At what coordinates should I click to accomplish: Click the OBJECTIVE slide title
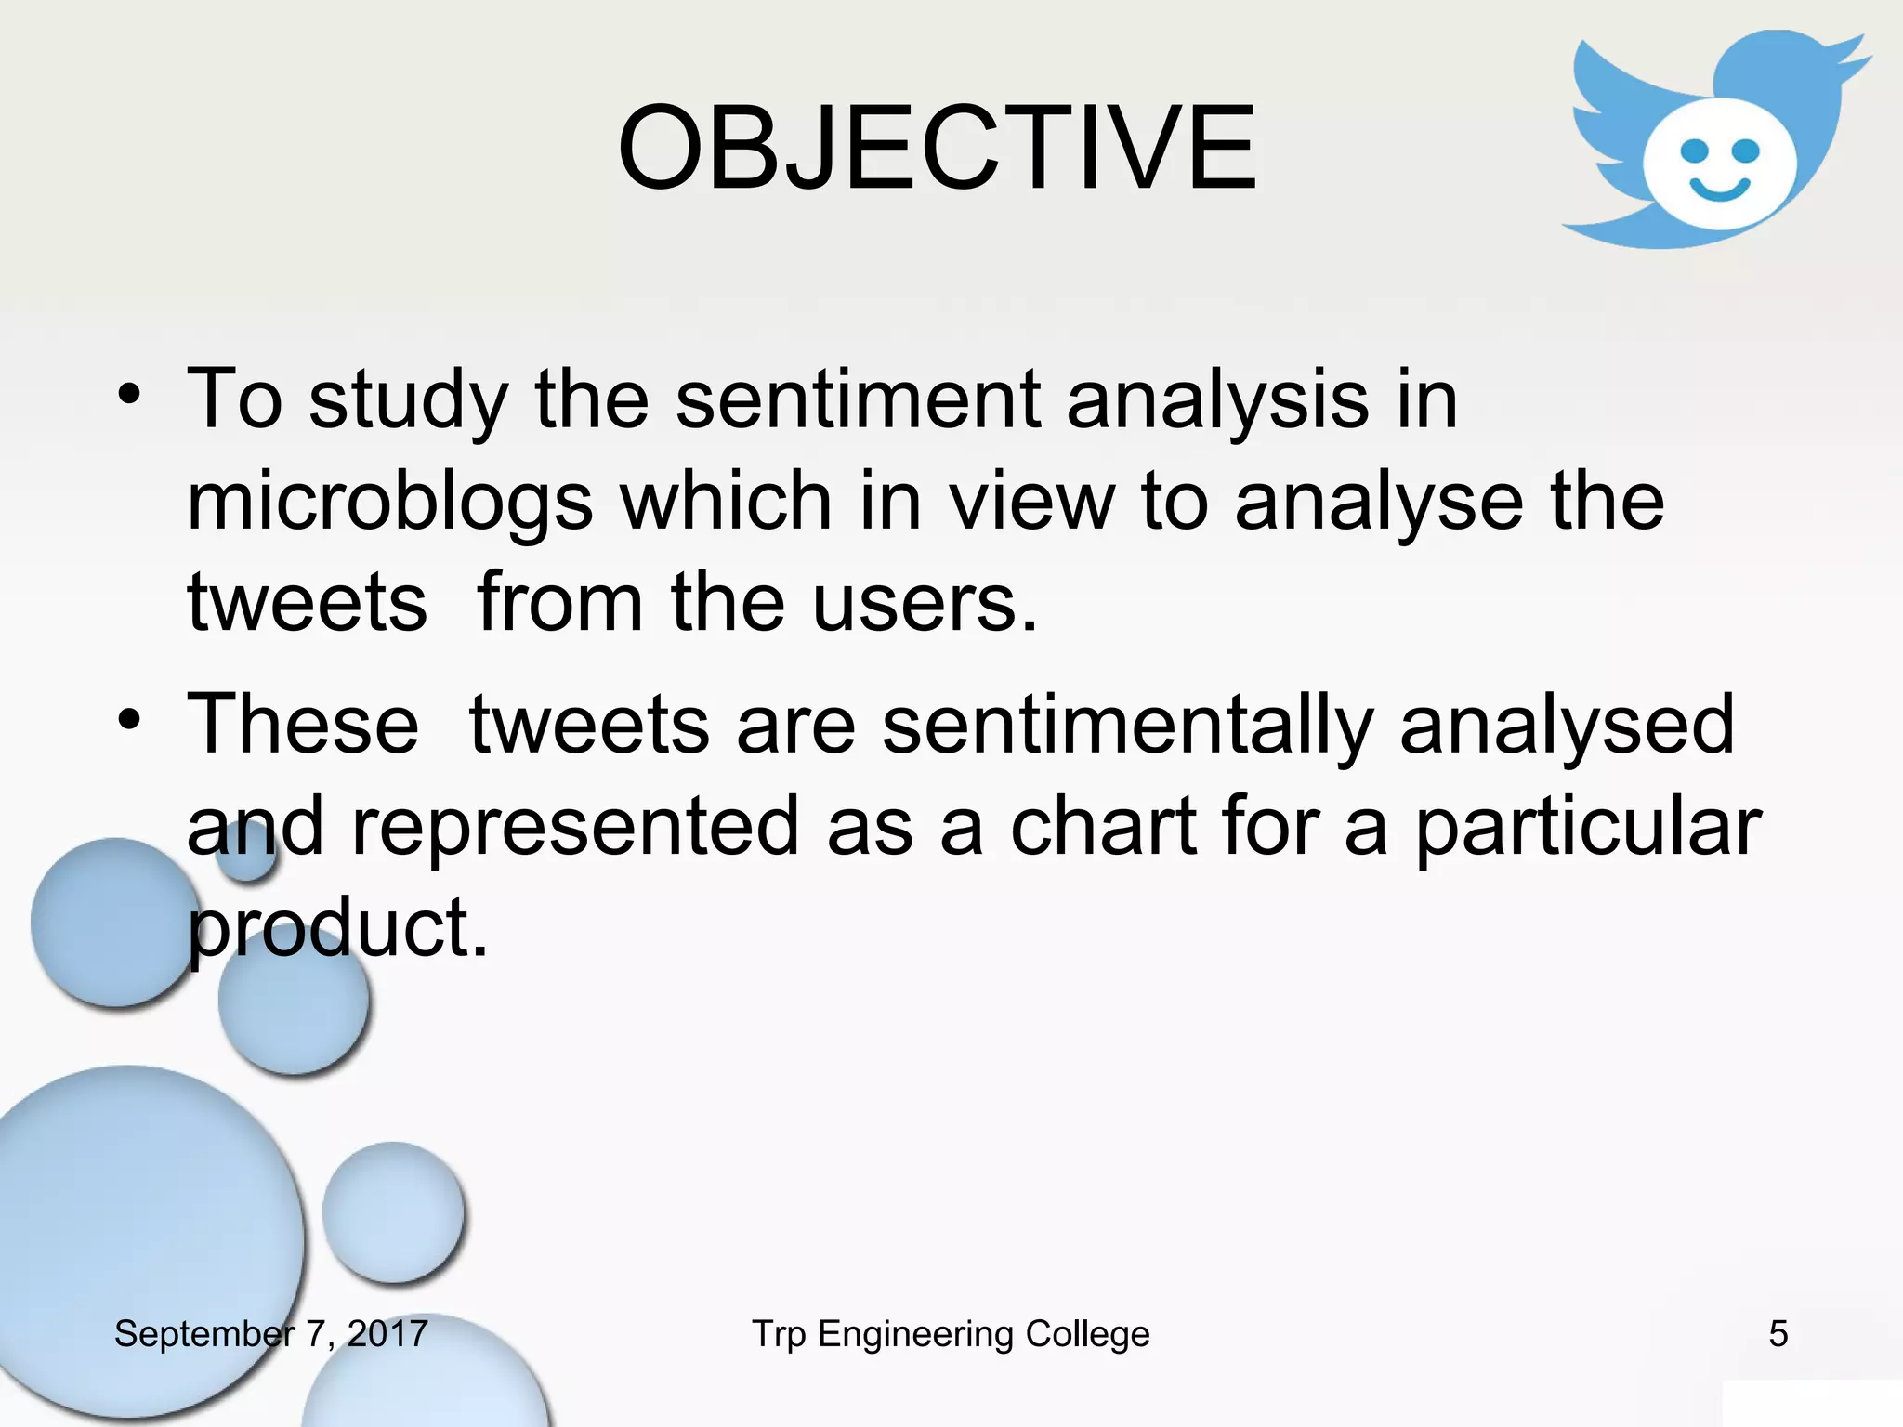click(937, 149)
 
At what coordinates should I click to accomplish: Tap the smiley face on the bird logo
click(1719, 165)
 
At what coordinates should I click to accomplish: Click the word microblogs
click(390, 503)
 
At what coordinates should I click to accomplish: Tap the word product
click(337, 928)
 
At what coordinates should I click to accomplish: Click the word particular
click(1587, 826)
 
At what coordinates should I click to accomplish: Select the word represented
click(575, 826)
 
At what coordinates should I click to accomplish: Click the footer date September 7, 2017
click(270, 1334)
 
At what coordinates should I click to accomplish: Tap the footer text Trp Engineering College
click(951, 1334)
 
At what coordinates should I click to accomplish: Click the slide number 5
click(1778, 1334)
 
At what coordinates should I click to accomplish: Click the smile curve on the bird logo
click(1719, 190)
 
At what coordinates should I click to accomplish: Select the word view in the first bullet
click(1030, 503)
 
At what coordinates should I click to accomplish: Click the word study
click(408, 401)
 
